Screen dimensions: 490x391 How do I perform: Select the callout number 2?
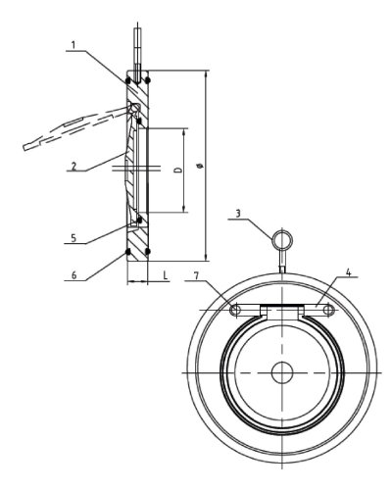pos(74,167)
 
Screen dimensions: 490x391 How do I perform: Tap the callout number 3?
pos(238,213)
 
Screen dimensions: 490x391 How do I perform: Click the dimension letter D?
pos(178,170)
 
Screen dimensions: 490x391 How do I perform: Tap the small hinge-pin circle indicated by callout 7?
pos(235,311)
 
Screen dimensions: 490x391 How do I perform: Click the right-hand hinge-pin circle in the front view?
pos(329,311)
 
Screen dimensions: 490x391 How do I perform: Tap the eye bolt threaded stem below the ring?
pos(282,262)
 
